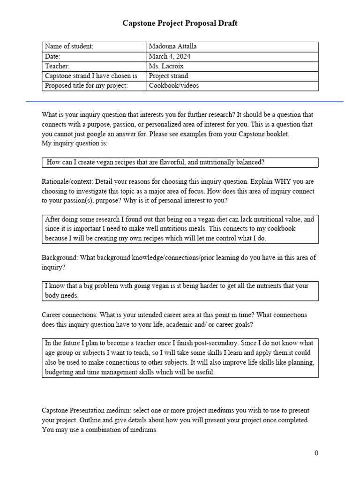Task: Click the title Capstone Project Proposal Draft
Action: pos(180,23)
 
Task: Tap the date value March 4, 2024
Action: pos(170,56)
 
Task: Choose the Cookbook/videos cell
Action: pos(173,86)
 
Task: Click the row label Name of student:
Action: pos(69,46)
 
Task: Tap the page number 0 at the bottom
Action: pos(316,453)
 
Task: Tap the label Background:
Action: pos(59,258)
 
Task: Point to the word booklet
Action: pos(277,134)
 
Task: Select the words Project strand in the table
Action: pos(169,76)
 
